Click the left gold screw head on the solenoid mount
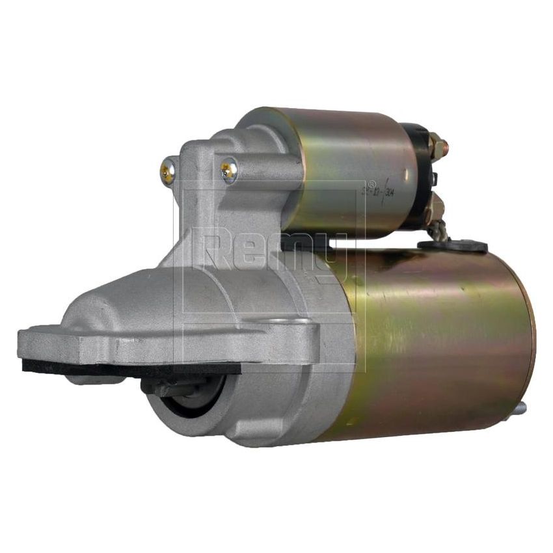coord(167,172)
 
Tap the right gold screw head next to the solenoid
coord(228,170)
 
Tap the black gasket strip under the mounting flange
coord(130,366)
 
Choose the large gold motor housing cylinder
coord(429,338)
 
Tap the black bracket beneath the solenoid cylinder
coord(306,241)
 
